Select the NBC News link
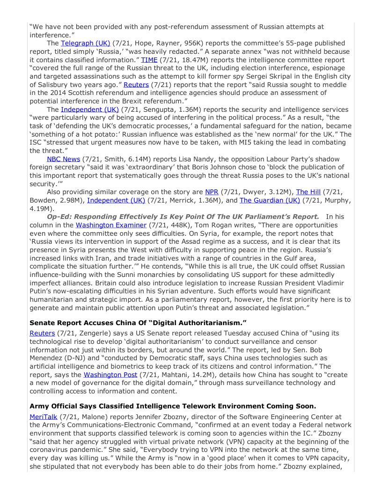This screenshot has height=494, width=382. click(63, 159)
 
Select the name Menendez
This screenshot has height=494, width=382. click(47, 357)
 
